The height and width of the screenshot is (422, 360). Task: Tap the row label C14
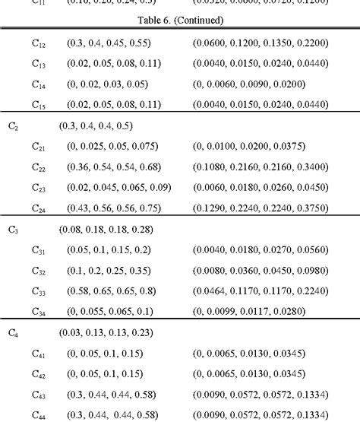pos(39,85)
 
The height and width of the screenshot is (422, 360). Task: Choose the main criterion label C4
pos(13,332)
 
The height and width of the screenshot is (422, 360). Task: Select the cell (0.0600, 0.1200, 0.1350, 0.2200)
pos(261,43)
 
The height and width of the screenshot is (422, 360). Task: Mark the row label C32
pos(39,271)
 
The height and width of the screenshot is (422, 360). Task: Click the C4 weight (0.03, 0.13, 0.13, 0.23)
pos(106,332)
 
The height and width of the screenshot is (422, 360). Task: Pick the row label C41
pos(39,354)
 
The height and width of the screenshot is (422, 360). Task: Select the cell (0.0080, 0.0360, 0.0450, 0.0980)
pos(261,270)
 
